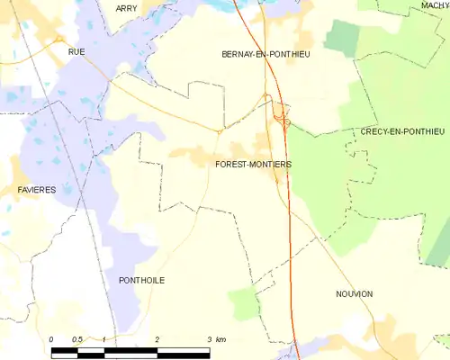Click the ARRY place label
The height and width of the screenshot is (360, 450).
coord(126,8)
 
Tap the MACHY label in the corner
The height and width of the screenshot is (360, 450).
coord(434,5)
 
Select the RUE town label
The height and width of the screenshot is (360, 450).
coord(76,52)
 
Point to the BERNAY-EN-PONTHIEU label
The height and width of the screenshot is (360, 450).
coord(265,55)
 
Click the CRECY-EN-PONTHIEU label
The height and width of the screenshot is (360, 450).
coord(402,131)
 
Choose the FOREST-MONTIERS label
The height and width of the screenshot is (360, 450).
coord(253,164)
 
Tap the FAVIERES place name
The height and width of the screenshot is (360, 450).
coord(37,190)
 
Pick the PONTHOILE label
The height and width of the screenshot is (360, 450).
coord(141,280)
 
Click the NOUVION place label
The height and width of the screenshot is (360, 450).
coord(354,294)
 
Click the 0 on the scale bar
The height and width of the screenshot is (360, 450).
coord(52,338)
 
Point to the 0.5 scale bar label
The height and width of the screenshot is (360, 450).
coord(78,338)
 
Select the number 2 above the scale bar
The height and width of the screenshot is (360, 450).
coord(157,338)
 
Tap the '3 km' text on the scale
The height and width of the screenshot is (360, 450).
coord(216,338)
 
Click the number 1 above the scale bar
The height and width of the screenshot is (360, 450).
coord(104,338)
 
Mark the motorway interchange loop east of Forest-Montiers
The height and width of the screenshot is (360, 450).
coord(281,116)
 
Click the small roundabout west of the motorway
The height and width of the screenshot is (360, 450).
coord(220,130)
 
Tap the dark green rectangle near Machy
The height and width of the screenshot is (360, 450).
coord(341,37)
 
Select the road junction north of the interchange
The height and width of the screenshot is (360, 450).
coord(266,97)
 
